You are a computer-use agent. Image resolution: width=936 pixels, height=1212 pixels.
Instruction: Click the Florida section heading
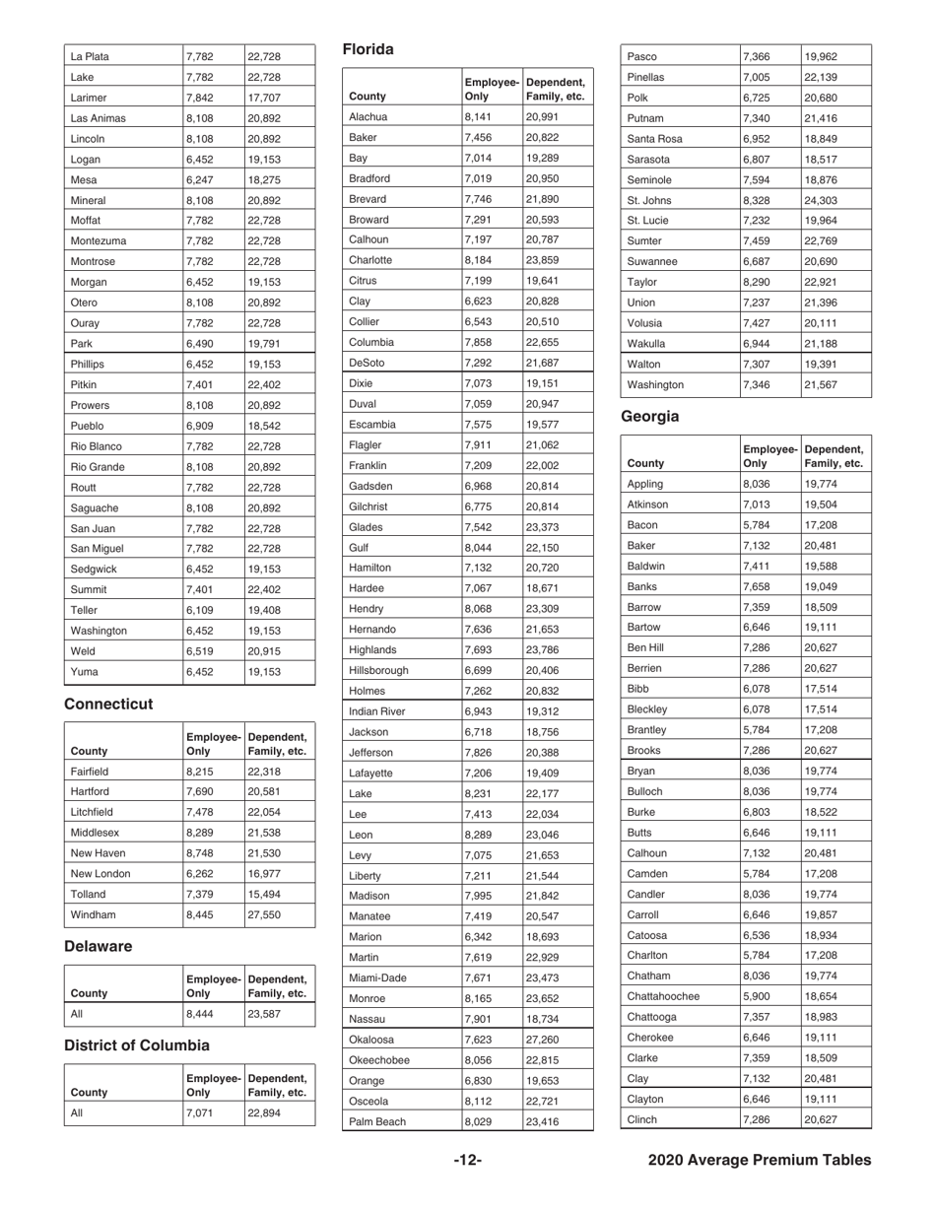point(368,49)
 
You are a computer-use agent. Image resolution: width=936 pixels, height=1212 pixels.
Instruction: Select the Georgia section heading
point(651,416)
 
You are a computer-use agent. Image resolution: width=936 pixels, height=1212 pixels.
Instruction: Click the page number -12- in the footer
point(467,1161)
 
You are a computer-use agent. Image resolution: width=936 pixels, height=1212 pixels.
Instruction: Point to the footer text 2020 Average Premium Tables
point(760,1161)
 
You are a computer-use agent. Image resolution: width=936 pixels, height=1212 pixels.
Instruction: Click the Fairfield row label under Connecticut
point(90,771)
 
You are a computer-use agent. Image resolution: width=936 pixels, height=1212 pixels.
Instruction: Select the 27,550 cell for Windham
point(264,914)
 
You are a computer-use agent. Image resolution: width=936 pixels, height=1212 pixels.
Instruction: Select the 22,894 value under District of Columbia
point(264,1111)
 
